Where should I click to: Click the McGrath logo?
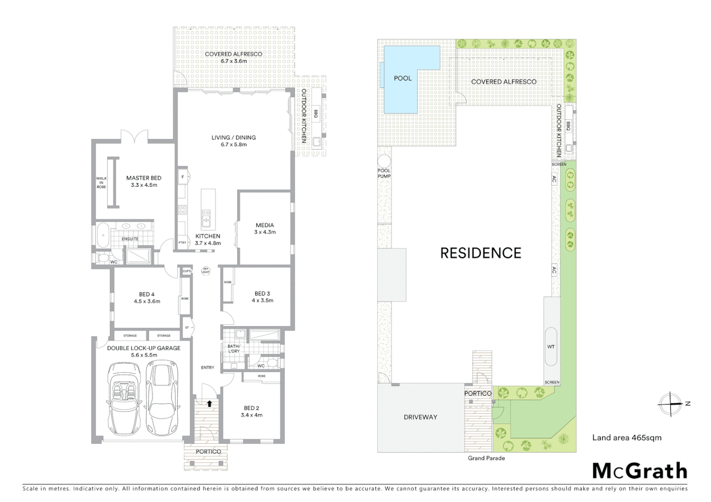[640, 471]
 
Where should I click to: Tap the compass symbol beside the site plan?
[671, 403]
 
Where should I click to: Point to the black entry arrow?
[209, 403]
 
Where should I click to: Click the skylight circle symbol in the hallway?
[205, 270]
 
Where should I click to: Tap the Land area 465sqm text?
[626, 437]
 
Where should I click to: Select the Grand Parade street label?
[486, 458]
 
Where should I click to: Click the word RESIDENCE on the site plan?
[481, 253]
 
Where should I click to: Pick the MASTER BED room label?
[144, 178]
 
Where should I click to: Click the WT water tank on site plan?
[551, 347]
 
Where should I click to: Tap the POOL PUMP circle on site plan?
[384, 162]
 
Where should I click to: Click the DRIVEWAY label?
[420, 417]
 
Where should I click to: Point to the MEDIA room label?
[265, 225]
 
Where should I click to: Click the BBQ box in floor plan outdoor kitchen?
[315, 113]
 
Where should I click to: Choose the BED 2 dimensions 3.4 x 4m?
[252, 415]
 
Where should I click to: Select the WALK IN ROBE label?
[101, 182]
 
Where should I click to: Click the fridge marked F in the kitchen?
[182, 177]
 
